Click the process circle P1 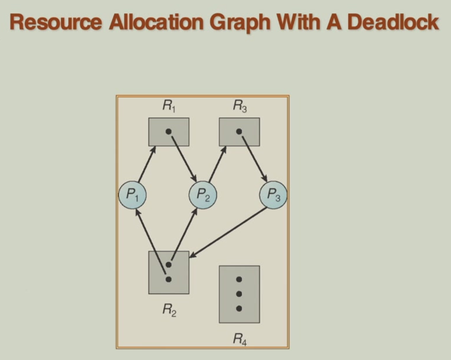132,195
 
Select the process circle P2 202,195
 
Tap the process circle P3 274,195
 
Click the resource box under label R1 169,132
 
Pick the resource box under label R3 239,132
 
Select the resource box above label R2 169,272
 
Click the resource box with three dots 239,293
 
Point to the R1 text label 169,106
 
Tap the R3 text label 239,106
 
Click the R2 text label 169,310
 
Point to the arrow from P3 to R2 227,233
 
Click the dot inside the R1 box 169,133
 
